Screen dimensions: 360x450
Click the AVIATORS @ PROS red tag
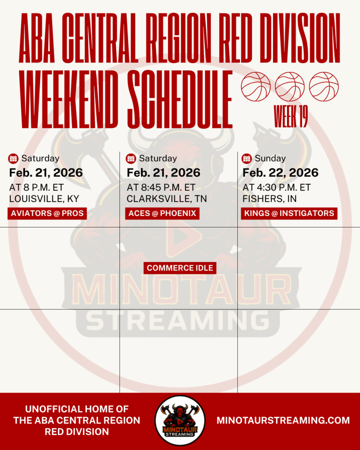[47, 213]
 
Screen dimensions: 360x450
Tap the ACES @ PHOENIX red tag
[162, 213]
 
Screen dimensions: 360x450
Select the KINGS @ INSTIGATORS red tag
[289, 213]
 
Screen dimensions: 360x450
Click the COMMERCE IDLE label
[180, 268]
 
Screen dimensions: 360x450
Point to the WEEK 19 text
[291, 116]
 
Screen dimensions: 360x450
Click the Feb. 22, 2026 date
[280, 173]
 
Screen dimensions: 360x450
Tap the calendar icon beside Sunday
[247, 158]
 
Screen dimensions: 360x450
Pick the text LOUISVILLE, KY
[44, 198]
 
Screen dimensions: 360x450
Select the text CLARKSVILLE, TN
[167, 198]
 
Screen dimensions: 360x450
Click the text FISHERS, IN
[269, 198]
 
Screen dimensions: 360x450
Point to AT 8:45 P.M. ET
[161, 187]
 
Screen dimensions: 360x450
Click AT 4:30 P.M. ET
[276, 187]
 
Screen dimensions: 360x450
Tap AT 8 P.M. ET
[36, 187]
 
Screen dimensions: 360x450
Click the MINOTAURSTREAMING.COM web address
[283, 421]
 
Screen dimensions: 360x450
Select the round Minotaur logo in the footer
[180, 421]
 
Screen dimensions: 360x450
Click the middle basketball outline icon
[290, 87]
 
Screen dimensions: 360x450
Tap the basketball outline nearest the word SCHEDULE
[255, 87]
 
